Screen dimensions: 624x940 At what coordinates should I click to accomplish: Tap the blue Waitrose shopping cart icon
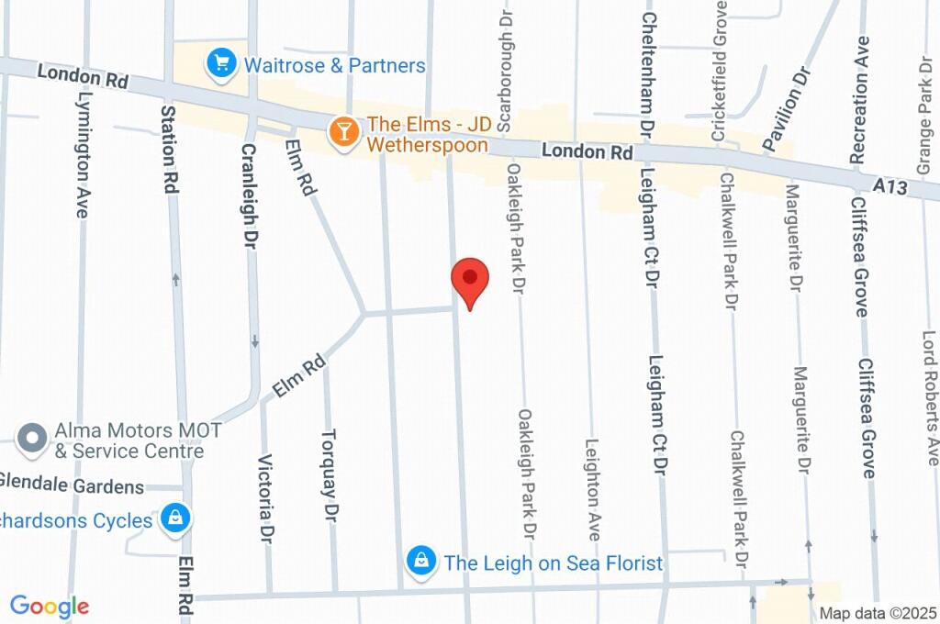(220, 64)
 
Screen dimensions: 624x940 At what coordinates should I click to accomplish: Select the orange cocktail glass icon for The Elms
(344, 131)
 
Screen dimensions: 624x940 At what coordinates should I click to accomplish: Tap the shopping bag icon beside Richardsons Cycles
(174, 519)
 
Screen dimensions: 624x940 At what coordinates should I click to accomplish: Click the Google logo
(50, 607)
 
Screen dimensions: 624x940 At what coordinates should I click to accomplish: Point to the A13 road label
(890, 186)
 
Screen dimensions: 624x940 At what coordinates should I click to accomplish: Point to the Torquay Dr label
(330, 475)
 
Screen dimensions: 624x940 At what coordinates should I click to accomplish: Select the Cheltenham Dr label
(647, 69)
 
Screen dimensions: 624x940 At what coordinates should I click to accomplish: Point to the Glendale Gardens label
(72, 485)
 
